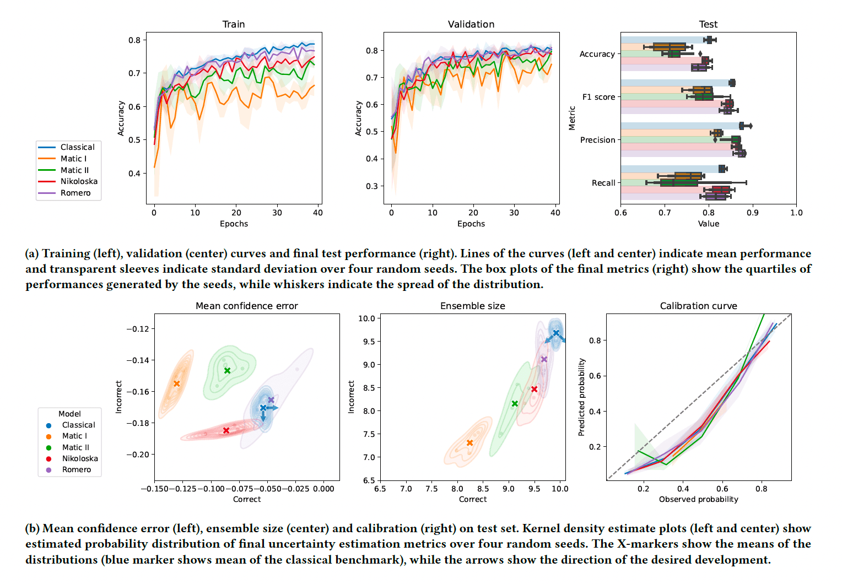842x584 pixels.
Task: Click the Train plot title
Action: click(x=234, y=24)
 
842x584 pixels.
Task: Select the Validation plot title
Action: click(x=471, y=24)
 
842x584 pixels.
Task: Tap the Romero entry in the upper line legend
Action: click(x=75, y=193)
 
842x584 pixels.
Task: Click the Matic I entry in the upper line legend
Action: click(x=73, y=159)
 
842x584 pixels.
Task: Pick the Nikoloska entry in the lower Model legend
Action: click(x=80, y=458)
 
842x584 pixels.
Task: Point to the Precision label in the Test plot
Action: click(x=597, y=140)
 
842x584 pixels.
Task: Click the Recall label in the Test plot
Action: click(x=603, y=183)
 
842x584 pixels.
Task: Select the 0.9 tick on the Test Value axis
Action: click(x=752, y=213)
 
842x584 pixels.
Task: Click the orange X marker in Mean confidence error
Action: click(x=177, y=383)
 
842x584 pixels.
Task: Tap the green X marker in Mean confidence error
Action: click(x=227, y=371)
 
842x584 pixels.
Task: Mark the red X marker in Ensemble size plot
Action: click(x=534, y=389)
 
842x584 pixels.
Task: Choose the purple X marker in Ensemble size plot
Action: click(x=544, y=359)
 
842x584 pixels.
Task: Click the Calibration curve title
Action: click(x=698, y=306)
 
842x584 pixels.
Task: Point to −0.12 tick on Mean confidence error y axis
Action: click(x=138, y=329)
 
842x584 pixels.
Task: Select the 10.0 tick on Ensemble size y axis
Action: click(x=366, y=318)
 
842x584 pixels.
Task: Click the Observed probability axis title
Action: click(x=698, y=499)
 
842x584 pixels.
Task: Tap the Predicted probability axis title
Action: click(x=581, y=397)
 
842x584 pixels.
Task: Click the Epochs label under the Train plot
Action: click(x=234, y=224)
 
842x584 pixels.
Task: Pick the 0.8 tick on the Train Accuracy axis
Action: click(x=134, y=40)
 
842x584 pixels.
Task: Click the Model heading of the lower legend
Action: click(x=69, y=414)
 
